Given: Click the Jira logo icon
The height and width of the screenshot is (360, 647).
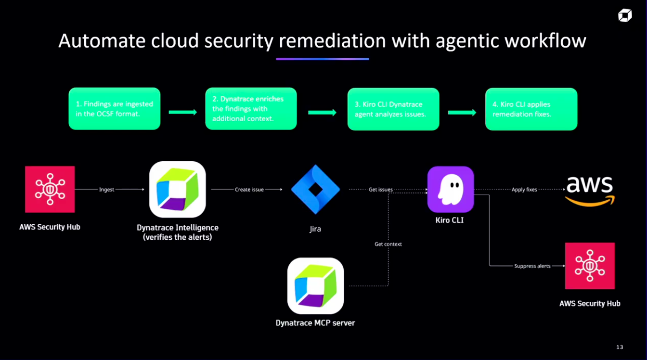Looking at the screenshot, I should coord(315,190).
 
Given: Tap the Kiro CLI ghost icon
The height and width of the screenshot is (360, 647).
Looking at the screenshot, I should coord(450,189).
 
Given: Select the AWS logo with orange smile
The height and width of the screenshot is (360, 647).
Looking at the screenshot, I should coord(589,191).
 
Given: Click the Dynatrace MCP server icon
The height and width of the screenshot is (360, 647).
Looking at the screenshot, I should coord(315,286).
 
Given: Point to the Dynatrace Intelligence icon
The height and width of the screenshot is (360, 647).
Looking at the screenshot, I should coord(178,189).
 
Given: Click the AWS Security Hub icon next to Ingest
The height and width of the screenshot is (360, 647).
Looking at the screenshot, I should coord(50,189).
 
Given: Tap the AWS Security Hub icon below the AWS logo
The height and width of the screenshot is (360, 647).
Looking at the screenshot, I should coord(590,266).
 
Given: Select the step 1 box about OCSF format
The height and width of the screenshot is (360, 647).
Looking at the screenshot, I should coord(114,109).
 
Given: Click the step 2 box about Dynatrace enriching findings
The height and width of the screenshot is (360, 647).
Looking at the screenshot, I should coord(251,109).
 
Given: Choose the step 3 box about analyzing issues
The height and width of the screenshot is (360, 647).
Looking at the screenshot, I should coord(393,109).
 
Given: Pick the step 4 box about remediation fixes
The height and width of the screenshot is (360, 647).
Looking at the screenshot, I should coord(531,109).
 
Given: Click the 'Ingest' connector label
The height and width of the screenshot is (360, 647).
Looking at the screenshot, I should coord(106,190).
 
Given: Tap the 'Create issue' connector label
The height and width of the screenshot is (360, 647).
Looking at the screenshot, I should coord(249,190).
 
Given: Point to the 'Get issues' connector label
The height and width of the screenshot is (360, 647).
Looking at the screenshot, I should coord(380,190).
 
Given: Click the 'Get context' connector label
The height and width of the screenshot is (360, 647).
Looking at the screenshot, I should coord(388,244).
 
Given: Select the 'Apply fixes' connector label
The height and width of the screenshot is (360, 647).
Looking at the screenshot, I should coord(524,190).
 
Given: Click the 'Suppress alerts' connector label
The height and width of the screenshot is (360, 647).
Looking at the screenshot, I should coord(532,266).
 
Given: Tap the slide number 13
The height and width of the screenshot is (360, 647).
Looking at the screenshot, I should coord(620,347).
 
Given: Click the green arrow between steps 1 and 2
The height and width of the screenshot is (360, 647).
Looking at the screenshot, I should coord(182,112).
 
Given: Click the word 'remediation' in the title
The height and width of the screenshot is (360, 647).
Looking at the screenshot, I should coord(332,41).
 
